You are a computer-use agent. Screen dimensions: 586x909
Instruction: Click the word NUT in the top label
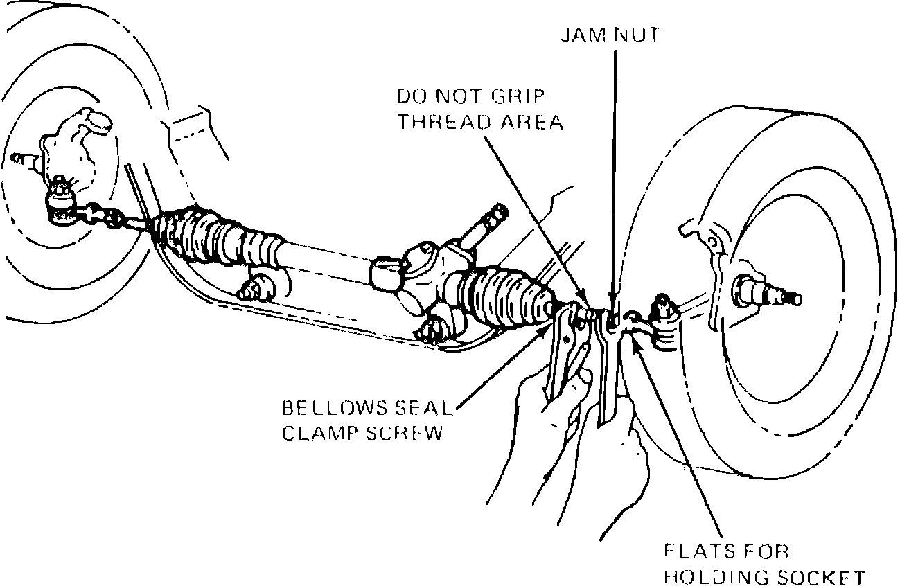pyautogui.click(x=635, y=34)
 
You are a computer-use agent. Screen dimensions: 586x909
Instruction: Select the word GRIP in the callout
pyautogui.click(x=532, y=95)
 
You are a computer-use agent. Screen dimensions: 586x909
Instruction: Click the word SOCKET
pyautogui.click(x=822, y=577)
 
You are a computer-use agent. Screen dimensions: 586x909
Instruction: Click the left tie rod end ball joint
pyautogui.click(x=61, y=204)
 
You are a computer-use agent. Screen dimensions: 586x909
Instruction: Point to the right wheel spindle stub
pyautogui.click(x=776, y=291)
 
